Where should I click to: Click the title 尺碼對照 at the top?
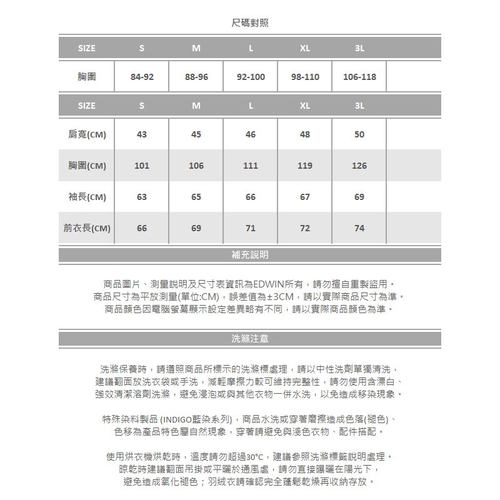(x=250, y=23)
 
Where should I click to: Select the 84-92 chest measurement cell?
(x=142, y=77)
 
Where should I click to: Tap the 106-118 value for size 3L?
(x=359, y=77)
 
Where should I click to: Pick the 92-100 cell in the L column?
(x=251, y=77)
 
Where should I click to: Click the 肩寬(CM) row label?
(x=87, y=134)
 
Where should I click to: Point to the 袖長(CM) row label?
(x=87, y=197)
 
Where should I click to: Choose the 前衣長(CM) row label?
(x=87, y=228)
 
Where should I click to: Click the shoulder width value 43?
(x=142, y=134)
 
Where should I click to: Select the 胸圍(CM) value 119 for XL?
(x=305, y=166)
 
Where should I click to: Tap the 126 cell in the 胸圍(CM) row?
(x=359, y=166)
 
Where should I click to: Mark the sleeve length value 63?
(x=142, y=197)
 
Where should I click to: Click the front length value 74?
(x=359, y=228)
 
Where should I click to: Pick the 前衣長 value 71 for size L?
(x=251, y=228)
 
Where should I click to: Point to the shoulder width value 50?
(x=359, y=134)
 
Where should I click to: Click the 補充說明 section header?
(x=250, y=255)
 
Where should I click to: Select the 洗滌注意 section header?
(x=250, y=339)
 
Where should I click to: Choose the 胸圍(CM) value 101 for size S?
(x=142, y=166)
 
